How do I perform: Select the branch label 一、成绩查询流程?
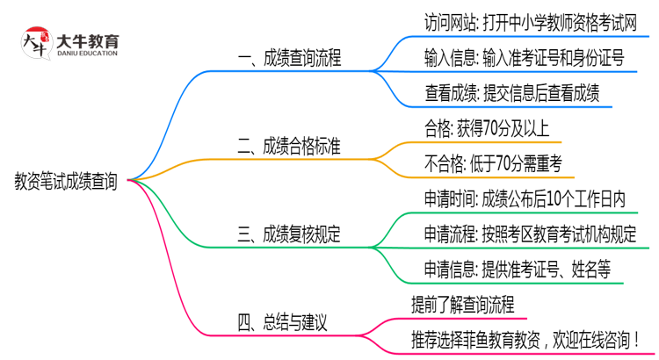290,59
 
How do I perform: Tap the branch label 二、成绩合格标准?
290,146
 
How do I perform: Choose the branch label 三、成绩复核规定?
290,234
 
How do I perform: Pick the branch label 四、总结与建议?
283,321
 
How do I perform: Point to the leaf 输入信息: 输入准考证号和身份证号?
524,58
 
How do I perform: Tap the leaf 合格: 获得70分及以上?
486,128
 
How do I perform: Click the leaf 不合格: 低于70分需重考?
499,162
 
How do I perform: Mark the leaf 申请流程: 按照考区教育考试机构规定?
530,234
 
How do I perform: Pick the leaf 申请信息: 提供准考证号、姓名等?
518,268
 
